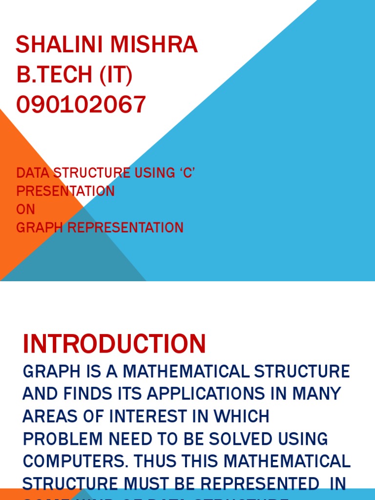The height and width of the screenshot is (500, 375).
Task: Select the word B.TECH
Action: click(x=54, y=75)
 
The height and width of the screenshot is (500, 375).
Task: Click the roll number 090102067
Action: click(x=81, y=104)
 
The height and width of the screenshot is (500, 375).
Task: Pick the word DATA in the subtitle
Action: click(x=33, y=173)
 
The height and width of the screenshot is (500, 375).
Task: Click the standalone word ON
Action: click(x=26, y=209)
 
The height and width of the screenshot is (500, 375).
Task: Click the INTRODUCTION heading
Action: click(x=114, y=344)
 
